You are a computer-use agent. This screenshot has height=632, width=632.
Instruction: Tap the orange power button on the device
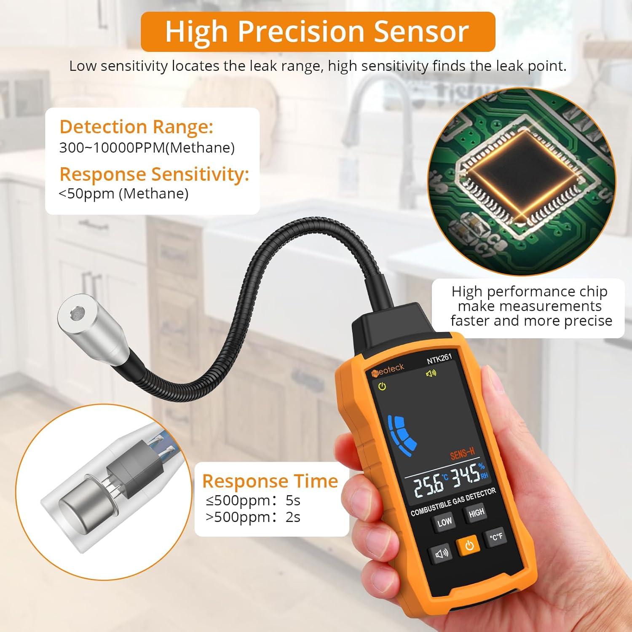[x=469, y=546]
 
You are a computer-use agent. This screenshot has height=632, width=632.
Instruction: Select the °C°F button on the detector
[x=495, y=537]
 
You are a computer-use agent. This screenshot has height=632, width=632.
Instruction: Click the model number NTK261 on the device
[x=439, y=359]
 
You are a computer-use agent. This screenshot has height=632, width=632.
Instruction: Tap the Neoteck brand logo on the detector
[x=388, y=370]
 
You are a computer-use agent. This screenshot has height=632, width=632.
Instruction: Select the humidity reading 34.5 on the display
[x=466, y=474]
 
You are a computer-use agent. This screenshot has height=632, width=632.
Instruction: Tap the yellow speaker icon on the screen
[x=431, y=373]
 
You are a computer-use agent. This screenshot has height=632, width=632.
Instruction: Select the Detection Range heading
[x=136, y=126]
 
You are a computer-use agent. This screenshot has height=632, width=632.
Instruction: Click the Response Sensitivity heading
[x=154, y=174]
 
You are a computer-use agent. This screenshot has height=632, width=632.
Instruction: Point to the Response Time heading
[x=270, y=481]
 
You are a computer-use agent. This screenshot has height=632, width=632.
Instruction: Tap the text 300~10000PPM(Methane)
[x=147, y=148]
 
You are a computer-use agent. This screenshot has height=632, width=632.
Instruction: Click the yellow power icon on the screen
[x=382, y=386]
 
